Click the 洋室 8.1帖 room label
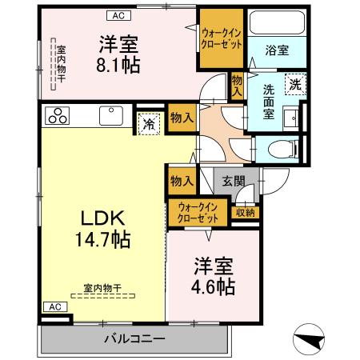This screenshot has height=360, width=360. coord(118,53)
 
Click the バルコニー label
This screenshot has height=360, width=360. coord(134,339)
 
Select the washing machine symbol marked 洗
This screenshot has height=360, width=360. coord(296,83)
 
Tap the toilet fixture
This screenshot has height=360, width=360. coord(282,148)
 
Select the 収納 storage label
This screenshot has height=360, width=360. coord(244,212)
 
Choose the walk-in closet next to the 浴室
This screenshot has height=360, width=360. coord(222,38)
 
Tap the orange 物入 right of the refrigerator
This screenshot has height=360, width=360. coord(182,118)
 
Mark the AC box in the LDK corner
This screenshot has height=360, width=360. coord(53,306)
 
